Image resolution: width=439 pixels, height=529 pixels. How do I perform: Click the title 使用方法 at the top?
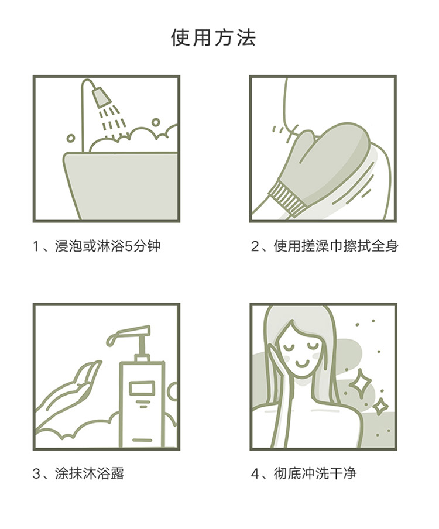coord(213,37)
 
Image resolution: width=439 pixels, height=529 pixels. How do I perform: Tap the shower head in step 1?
coord(102,97)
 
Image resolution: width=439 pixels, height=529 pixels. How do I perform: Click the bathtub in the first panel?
coord(121,186)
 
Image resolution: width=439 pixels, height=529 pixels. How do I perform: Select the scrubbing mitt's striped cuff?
coord(286,198)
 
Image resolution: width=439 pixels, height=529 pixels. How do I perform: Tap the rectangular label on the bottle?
coord(142,389)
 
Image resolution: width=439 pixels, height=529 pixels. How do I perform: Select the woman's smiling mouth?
coord(303,364)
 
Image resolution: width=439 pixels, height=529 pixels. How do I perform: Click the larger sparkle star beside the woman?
coord(360,381)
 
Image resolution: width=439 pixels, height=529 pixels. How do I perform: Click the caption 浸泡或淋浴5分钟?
coord(108,246)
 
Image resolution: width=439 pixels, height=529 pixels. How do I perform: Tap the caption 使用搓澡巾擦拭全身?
coord(336,246)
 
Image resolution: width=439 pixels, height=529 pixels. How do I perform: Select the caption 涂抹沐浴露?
coord(90,473)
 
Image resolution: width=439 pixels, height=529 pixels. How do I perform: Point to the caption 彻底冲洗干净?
coord(314,473)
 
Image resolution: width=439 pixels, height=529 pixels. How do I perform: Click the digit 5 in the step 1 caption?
coord(129,246)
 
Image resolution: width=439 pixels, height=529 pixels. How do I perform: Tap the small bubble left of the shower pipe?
coord(70,138)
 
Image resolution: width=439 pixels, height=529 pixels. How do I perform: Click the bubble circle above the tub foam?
coord(156,122)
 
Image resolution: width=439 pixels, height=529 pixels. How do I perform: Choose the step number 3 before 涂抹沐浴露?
coord(37,473)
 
